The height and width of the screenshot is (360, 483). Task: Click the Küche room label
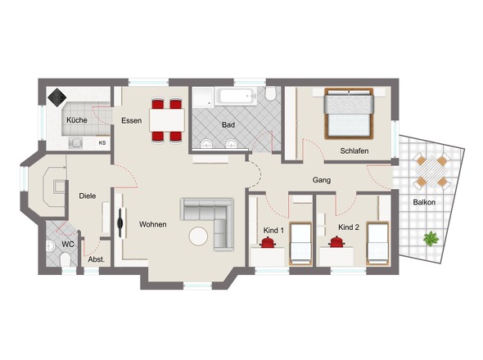pyautogui.click(x=77, y=120)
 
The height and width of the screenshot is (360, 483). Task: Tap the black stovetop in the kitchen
pyautogui.click(x=57, y=97)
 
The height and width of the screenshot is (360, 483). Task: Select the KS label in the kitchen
pyautogui.click(x=102, y=143)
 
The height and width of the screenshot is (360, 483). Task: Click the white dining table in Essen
pyautogui.click(x=167, y=120)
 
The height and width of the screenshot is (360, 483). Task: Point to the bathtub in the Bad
pyautogui.click(x=236, y=96)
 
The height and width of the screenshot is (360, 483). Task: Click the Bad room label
pyautogui.click(x=228, y=125)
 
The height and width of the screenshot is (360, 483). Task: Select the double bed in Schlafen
pyautogui.click(x=349, y=114)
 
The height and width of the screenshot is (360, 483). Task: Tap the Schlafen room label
pyautogui.click(x=354, y=151)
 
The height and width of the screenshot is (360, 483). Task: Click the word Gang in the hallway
pyautogui.click(x=322, y=180)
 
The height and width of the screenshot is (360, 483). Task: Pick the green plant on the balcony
pyautogui.click(x=431, y=238)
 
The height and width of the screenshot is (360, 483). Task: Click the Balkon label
pyautogui.click(x=424, y=202)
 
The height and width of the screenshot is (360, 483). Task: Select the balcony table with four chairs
pyautogui.click(x=431, y=170)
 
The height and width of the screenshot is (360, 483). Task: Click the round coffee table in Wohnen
pyautogui.click(x=198, y=236)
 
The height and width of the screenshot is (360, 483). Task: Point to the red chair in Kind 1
pyautogui.click(x=268, y=242)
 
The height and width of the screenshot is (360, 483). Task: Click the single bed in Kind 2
pyautogui.click(x=377, y=243)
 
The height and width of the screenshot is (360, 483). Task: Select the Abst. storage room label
pyautogui.click(x=97, y=259)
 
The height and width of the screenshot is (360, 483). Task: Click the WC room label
pyautogui.click(x=68, y=245)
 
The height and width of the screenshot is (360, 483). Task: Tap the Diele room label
pyautogui.click(x=88, y=196)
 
